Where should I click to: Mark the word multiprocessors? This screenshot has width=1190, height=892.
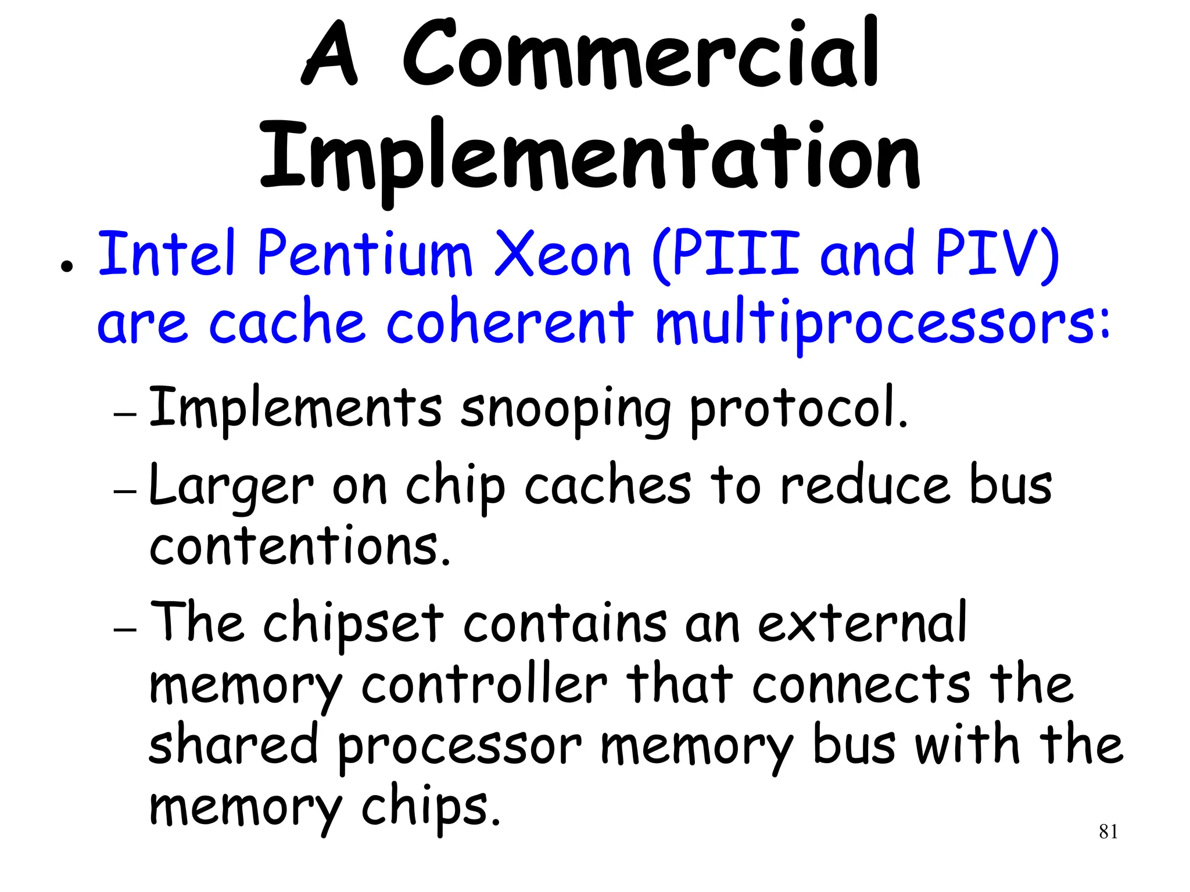click(x=882, y=323)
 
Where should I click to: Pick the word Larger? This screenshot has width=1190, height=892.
click(x=231, y=487)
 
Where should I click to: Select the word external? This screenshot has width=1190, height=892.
click(x=862, y=623)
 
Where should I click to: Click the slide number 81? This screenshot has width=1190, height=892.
click(x=1108, y=832)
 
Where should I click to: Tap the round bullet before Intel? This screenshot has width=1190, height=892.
click(x=67, y=268)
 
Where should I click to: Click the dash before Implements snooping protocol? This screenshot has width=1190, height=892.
click(x=125, y=415)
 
